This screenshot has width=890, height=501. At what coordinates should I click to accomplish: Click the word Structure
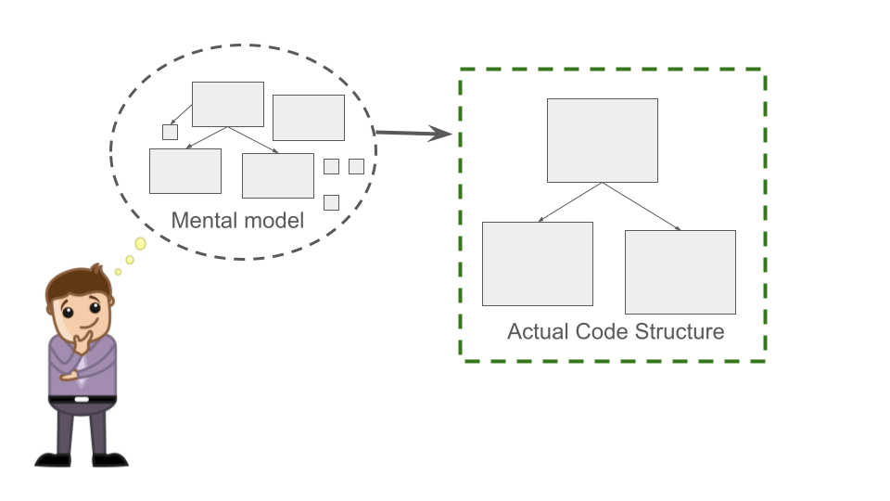pos(680,331)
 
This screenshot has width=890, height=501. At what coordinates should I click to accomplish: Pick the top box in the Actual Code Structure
pos(603,140)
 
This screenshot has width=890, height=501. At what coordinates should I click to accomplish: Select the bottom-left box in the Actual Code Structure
pos(538,263)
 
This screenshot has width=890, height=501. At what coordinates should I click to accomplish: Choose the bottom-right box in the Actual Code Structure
pos(680,272)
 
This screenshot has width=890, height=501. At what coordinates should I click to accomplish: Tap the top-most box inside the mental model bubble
pos(228,104)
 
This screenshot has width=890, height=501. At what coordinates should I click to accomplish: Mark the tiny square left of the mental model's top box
pos(170,132)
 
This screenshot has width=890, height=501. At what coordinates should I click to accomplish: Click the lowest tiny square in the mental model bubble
pos(331,202)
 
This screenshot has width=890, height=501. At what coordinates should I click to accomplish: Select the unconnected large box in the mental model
pos(309,118)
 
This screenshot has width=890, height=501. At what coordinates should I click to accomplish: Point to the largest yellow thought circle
pos(140,244)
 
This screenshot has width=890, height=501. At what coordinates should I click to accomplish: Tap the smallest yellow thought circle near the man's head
pos(118,272)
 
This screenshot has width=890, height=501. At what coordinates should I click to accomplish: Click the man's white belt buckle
pos(82,399)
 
